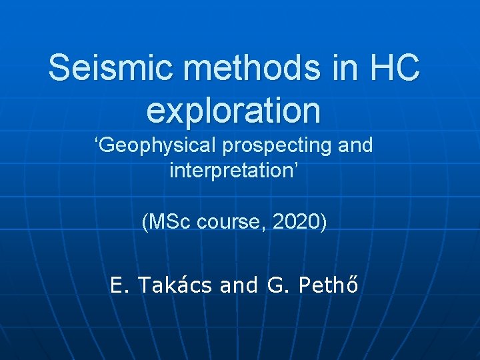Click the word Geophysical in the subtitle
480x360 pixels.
tap(154, 145)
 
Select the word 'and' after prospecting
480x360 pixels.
tap(355, 145)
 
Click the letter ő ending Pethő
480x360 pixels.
tap(353, 285)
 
